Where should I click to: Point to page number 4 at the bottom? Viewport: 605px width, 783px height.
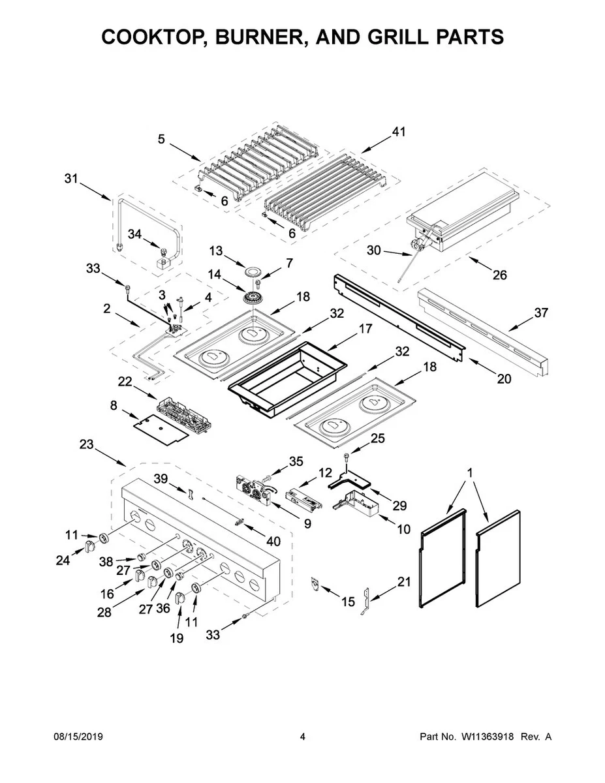coord(302,737)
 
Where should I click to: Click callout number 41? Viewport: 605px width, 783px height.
coord(398,132)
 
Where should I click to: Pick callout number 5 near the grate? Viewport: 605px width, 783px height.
coord(161,138)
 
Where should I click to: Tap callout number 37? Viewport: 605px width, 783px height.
coord(541,313)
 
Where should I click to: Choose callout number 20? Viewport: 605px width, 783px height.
coord(504,378)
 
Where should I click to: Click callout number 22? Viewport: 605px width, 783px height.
coord(125,381)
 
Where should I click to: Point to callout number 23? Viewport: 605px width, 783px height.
coord(86,444)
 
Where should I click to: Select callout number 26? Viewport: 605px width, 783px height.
coord(499,275)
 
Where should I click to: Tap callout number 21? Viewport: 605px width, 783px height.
coord(405,581)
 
